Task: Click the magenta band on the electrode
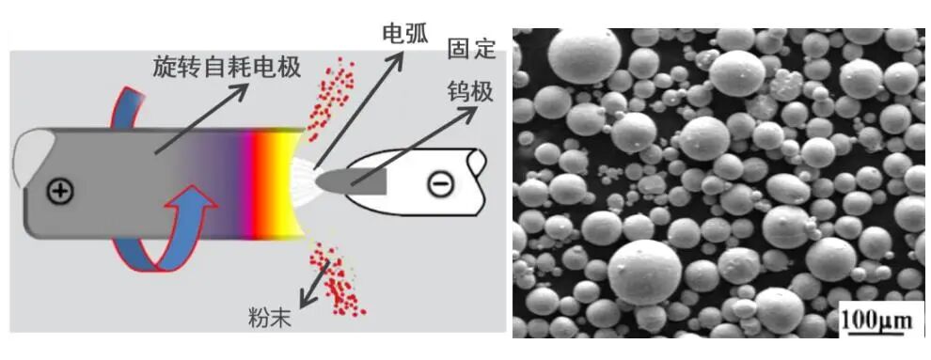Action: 252,183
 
